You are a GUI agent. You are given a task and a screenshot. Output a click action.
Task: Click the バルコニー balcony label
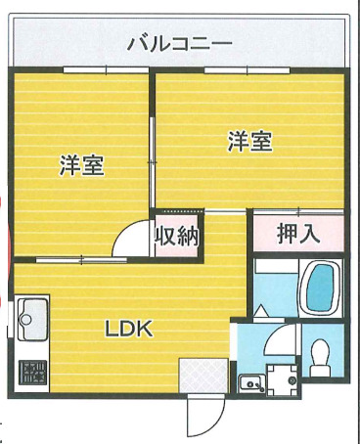(179, 43)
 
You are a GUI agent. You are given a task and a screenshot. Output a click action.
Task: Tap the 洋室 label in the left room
(81, 165)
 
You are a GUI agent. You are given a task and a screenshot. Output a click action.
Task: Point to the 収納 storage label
(177, 236)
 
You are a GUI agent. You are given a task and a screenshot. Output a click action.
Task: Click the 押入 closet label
(296, 234)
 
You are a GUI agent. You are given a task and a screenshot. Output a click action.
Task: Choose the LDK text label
(129, 329)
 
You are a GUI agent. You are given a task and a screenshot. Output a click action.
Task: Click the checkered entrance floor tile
(202, 375)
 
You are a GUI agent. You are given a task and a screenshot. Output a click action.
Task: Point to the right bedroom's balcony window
(240, 68)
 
